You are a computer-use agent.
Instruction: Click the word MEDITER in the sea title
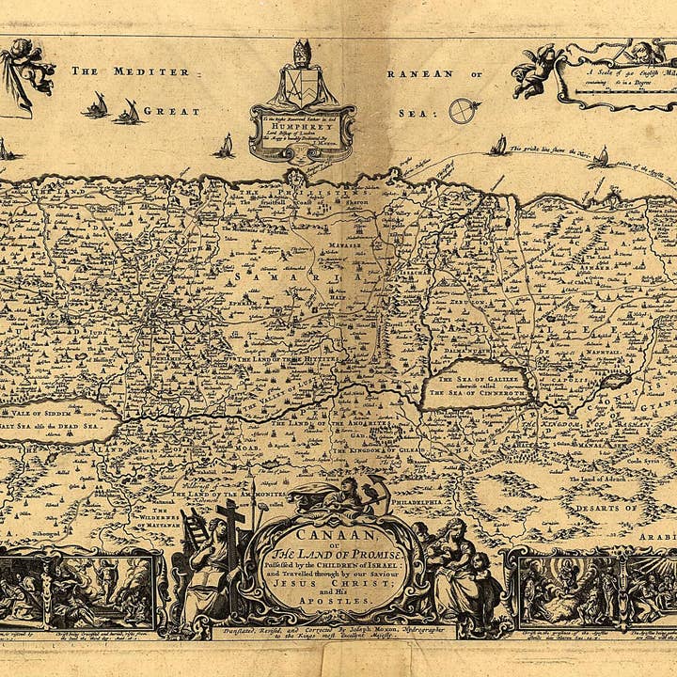(151, 71)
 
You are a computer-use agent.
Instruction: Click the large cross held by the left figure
(228, 531)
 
